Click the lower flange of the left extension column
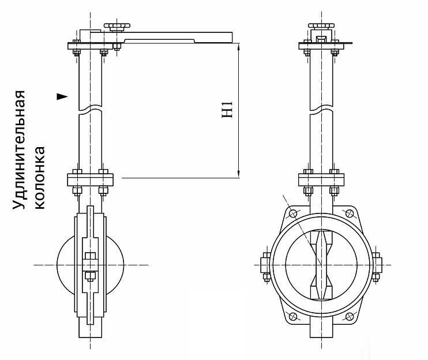point(90,179)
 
